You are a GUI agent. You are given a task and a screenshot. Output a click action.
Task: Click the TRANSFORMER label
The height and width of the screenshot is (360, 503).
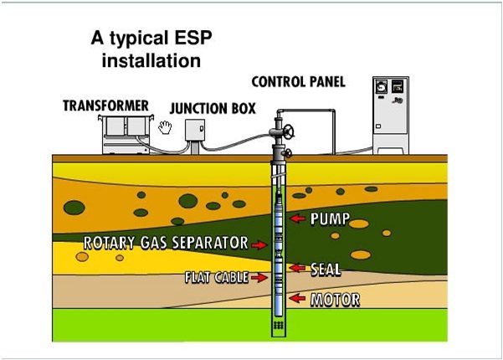pyautogui.click(x=105, y=105)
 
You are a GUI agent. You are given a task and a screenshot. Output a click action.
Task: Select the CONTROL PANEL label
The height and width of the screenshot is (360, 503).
pyautogui.click(x=298, y=82)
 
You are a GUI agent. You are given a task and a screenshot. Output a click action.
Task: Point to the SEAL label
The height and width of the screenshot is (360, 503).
pyautogui.click(x=326, y=270)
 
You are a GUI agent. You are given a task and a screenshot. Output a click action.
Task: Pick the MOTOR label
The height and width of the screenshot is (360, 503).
pyautogui.click(x=335, y=299)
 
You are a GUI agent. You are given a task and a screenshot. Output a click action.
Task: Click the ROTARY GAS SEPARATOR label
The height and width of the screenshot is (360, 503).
pyautogui.click(x=166, y=244)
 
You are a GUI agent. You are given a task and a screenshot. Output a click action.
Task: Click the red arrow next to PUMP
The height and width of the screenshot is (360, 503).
pyautogui.click(x=297, y=219)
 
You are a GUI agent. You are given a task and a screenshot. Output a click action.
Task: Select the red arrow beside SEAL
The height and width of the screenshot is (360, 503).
pyautogui.click(x=298, y=269)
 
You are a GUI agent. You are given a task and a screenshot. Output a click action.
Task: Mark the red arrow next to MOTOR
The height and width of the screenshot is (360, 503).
pyautogui.click(x=297, y=298)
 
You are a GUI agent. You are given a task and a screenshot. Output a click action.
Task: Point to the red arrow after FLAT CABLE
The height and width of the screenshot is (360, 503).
pyautogui.click(x=259, y=277)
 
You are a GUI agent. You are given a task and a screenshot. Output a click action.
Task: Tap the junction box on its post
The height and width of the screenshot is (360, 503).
pyautogui.click(x=195, y=131)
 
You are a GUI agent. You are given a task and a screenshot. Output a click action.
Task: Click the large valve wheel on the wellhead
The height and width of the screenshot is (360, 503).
pyautogui.click(x=290, y=132)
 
